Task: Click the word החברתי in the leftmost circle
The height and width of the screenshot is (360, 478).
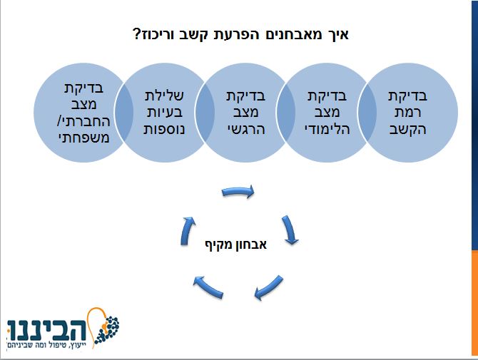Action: [85, 122]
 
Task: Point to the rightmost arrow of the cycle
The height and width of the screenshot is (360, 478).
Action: [289, 230]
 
